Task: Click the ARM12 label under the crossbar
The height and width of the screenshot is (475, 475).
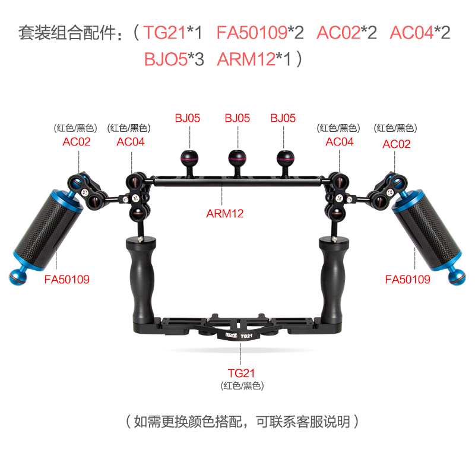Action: tap(226, 212)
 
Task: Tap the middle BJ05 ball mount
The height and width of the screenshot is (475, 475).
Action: tap(237, 159)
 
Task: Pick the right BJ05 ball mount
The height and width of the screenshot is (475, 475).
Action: tap(286, 159)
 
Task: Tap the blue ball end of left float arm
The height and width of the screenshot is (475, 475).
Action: tap(17, 275)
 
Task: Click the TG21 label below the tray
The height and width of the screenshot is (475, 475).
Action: tap(241, 373)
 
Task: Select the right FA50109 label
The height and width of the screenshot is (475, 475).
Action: tap(407, 278)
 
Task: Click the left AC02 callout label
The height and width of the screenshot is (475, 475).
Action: tap(77, 142)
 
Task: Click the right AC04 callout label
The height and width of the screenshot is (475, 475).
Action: tap(340, 142)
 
